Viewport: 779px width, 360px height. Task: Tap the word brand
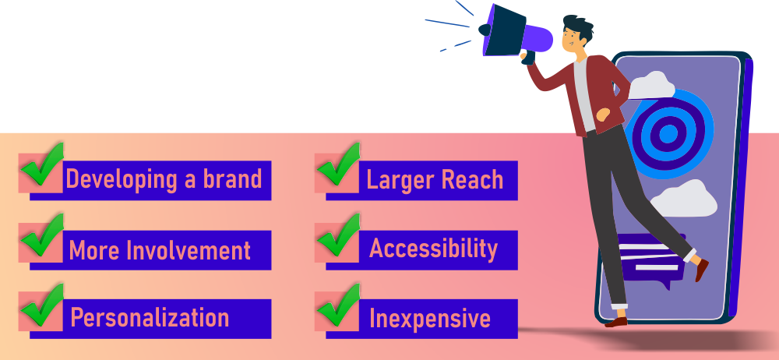231,179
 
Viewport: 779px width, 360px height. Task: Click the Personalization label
150,318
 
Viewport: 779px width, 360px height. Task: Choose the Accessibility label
433,249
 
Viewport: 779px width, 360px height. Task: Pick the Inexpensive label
429,318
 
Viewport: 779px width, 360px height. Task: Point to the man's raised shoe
702,269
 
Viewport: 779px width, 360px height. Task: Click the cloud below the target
683,199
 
